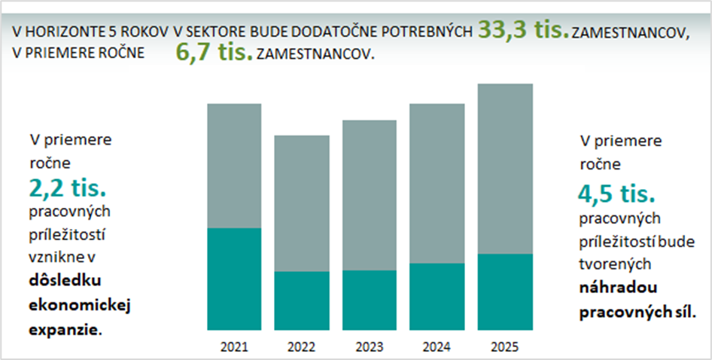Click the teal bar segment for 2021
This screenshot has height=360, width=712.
(x=234, y=279)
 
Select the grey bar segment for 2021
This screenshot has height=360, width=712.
(x=234, y=165)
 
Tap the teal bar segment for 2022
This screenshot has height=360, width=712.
(x=301, y=301)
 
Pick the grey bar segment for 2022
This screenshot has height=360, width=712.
(x=301, y=203)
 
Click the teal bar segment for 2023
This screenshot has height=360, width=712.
(x=369, y=300)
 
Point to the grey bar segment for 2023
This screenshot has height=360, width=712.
(x=369, y=195)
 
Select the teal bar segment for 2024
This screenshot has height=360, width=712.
(x=437, y=297)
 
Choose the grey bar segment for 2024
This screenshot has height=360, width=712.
(x=437, y=183)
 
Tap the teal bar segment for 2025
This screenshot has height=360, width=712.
(x=505, y=292)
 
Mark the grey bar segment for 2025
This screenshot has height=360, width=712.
(x=505, y=169)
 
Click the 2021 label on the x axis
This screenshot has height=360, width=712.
(x=234, y=347)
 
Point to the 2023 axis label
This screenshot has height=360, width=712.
(x=369, y=347)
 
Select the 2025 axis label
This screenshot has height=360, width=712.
(x=504, y=347)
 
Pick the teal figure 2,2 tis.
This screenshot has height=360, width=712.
(x=69, y=185)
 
